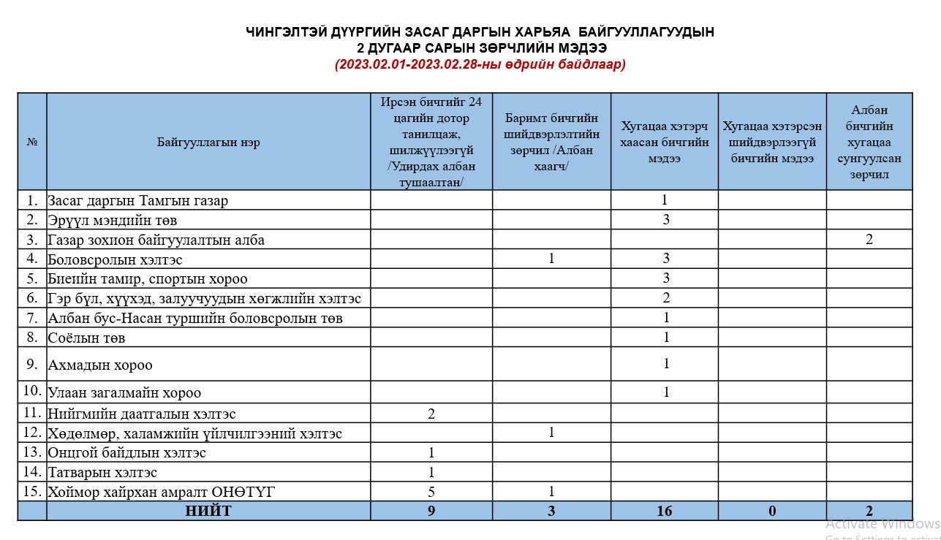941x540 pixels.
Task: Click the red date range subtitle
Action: point(480,64)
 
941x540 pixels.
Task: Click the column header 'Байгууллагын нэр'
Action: point(208,142)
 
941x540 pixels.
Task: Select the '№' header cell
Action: point(32,142)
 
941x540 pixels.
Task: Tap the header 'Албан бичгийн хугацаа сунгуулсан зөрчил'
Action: point(869,142)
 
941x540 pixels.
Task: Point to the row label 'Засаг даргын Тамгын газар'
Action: point(138,200)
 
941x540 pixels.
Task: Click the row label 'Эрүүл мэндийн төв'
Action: point(113,220)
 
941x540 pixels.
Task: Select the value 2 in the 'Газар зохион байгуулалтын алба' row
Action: point(869,239)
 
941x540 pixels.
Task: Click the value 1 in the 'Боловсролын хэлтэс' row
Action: point(551,259)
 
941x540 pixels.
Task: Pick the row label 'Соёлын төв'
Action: point(86,338)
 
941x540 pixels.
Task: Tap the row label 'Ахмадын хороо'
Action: point(100,365)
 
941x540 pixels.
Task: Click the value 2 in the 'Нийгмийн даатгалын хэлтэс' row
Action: point(431,414)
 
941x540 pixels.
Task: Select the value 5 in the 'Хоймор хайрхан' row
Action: point(431,492)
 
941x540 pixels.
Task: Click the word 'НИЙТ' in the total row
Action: point(208,511)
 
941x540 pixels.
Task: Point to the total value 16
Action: point(664,511)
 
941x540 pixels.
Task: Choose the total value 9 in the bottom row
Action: point(431,511)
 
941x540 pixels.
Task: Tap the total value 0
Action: point(772,511)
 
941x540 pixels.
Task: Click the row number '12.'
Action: point(32,433)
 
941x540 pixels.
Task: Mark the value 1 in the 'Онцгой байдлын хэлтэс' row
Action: point(431,453)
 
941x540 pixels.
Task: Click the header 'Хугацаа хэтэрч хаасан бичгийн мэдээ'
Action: point(664,142)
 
